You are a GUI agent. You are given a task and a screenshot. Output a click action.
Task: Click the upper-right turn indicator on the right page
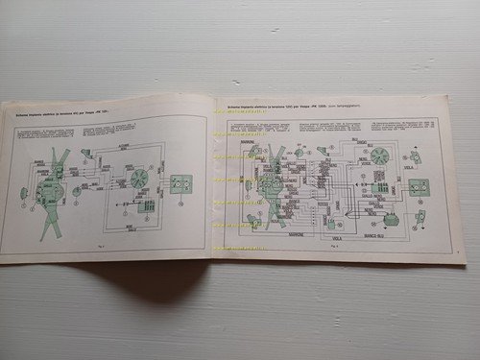pyautogui.click(x=414, y=156)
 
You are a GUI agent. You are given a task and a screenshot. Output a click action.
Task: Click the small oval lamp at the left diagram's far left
pyautogui.click(x=23, y=195)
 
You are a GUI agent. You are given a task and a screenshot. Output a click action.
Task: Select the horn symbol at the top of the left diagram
pyautogui.click(x=85, y=153)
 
